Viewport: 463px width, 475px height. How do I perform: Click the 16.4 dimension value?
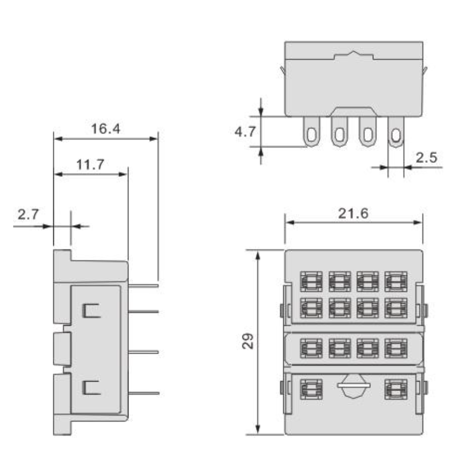coord(106,129)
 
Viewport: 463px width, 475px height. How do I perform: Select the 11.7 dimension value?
coord(90,164)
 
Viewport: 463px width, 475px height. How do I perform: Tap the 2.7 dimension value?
coord(28,215)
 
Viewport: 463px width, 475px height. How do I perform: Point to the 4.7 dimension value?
coord(245,132)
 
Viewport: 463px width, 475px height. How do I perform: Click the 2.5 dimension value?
coord(426,158)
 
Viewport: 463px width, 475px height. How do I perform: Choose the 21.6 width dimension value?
coord(353,214)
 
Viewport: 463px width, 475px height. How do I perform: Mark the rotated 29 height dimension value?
coord(248,341)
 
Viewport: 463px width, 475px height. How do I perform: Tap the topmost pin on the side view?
coord(143,285)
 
